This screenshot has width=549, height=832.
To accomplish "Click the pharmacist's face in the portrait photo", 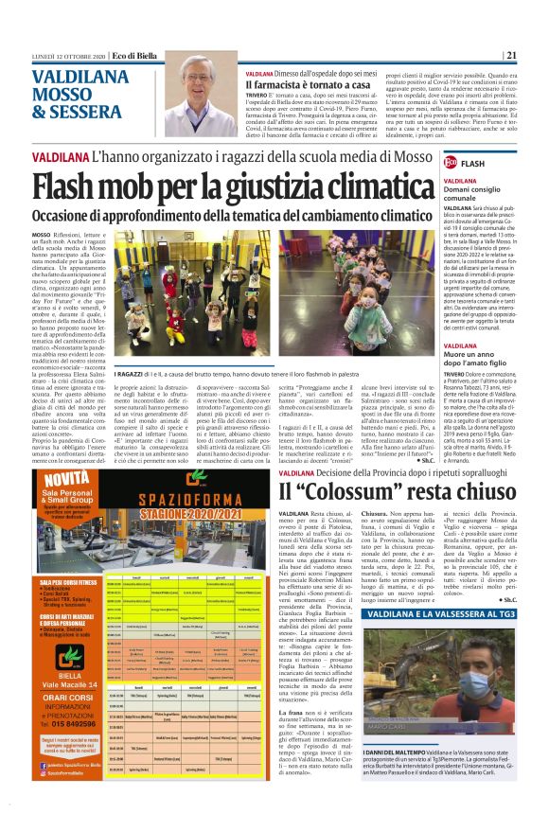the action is [207, 92].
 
